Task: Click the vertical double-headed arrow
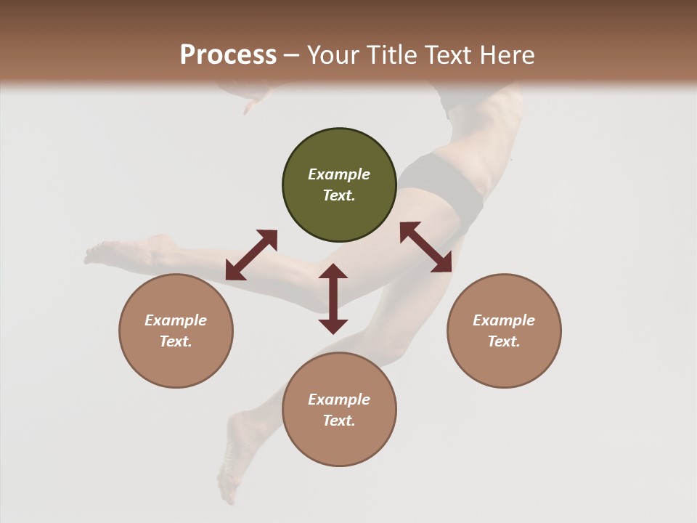tap(333, 299)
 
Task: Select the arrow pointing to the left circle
tap(251, 255)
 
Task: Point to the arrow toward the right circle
tap(426, 247)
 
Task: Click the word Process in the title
tap(228, 54)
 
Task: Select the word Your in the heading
tap(332, 54)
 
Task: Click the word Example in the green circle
tap(339, 174)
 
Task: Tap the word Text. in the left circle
tap(176, 341)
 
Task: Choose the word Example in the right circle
tap(504, 320)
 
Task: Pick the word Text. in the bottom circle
tap(339, 421)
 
